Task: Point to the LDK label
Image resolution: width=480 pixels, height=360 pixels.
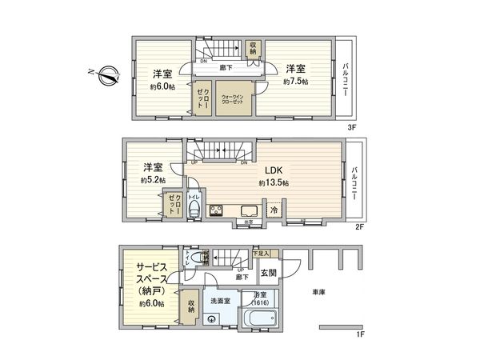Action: click(274, 170)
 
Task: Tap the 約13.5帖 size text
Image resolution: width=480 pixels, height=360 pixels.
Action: click(274, 183)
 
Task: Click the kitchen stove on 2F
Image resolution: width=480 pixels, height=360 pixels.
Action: click(216, 210)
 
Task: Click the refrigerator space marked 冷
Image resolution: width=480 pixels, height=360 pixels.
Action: click(274, 210)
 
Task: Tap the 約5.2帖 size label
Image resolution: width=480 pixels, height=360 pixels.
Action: click(152, 181)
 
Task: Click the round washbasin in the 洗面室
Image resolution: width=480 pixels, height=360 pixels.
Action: click(212, 319)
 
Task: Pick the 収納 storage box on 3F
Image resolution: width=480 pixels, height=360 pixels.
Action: click(254, 49)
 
